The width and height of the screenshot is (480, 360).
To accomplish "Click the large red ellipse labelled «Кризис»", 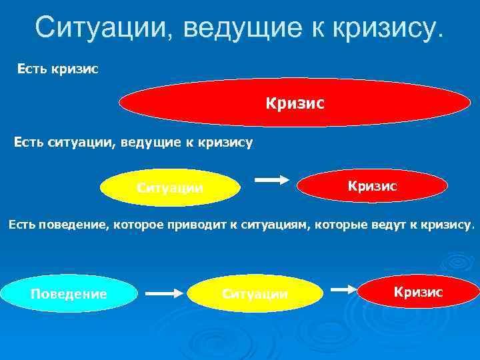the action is coord(295,104).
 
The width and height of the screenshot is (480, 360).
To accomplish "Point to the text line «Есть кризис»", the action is coord(58,69).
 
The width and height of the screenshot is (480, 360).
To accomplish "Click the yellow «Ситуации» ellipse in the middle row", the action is coord(170,187).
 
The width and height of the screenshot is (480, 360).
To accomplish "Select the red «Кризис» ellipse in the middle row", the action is coord(372,186).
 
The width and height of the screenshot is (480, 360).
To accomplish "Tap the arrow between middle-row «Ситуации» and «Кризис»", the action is coord(271,179).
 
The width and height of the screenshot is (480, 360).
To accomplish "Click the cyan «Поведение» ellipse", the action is coord(69,293).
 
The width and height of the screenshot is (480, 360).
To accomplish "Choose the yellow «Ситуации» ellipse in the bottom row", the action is coord(255,293).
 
